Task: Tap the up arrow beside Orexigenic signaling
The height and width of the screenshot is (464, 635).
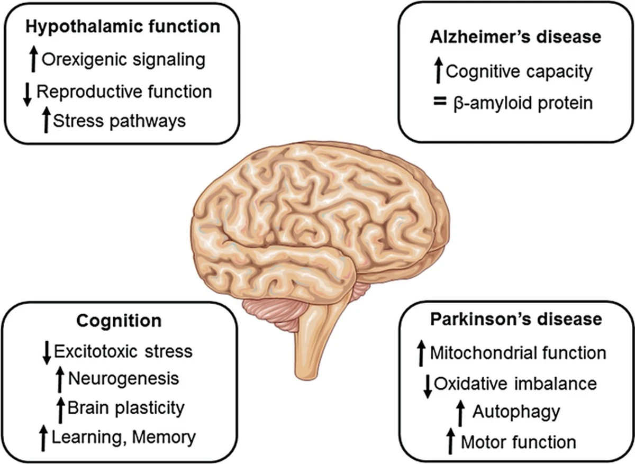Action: pos(33,59)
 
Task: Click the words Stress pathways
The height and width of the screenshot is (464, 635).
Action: pos(120,121)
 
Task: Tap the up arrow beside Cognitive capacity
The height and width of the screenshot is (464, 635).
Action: pos(438,71)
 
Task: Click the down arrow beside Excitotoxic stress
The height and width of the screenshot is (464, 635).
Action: pos(47,351)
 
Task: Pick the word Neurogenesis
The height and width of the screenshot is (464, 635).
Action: pos(124,379)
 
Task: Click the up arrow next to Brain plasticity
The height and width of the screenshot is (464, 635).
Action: pos(60,409)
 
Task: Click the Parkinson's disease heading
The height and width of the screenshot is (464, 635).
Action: pos(515,320)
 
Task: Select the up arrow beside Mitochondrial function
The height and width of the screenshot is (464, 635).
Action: pos(421,353)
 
